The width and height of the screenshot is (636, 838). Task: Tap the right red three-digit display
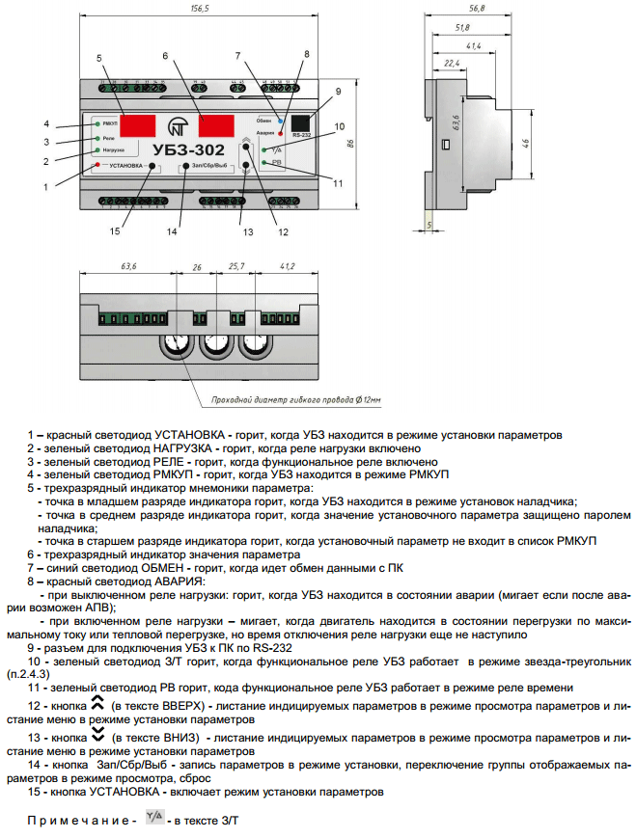219,124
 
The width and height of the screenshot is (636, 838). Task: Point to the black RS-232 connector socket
303,123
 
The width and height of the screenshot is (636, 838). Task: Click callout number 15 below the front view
116,231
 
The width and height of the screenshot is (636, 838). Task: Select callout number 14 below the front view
174,231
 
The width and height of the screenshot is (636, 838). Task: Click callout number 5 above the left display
98,59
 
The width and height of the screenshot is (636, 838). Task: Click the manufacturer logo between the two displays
178,125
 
